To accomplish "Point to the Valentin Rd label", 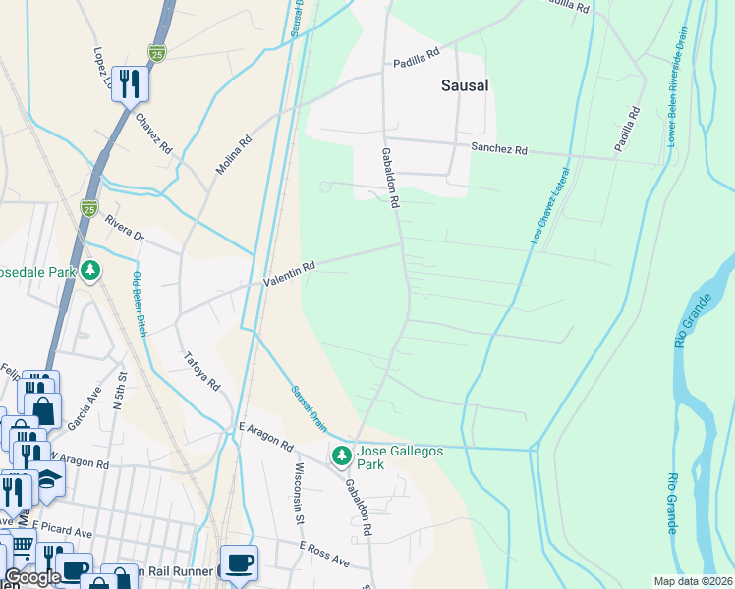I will click(289, 274).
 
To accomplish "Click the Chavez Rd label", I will click(154, 134).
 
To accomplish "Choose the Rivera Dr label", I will click(125, 229).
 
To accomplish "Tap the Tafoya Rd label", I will click(200, 370).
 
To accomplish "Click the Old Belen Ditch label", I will click(139, 303).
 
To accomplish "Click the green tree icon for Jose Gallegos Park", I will click(341, 455).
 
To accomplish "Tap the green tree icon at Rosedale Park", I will click(89, 269).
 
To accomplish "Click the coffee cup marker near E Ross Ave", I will click(239, 562).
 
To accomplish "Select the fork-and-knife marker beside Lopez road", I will click(130, 83).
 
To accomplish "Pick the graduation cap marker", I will click(49, 478).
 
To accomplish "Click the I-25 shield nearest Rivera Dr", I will click(89, 208).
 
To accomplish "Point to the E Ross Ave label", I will click(324, 554).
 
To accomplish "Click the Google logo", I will click(31, 578).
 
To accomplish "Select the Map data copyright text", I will click(693, 581).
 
